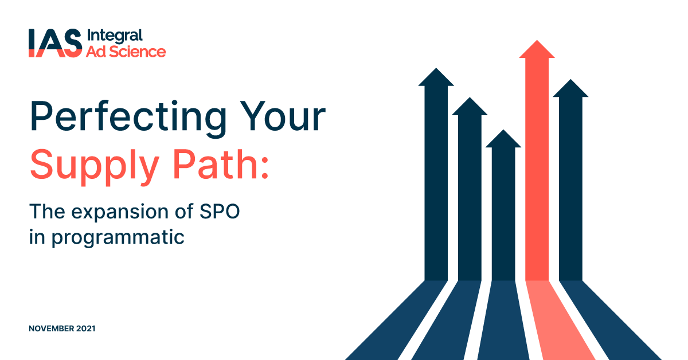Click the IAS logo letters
pos(54,44)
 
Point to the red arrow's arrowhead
pos(537,50)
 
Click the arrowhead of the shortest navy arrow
pos(503,139)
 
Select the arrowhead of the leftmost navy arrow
pos(436,77)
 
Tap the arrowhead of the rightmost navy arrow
pos(570,88)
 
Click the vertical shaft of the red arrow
pos(537,172)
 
